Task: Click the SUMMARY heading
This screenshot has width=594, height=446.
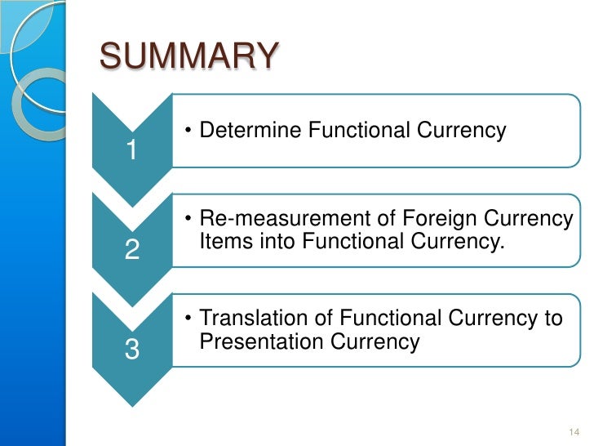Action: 188,58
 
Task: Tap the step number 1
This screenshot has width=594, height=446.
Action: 131,150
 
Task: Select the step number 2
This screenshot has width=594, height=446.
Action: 131,250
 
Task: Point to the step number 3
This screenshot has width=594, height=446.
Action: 131,350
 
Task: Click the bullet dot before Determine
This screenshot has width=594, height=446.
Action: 188,131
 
